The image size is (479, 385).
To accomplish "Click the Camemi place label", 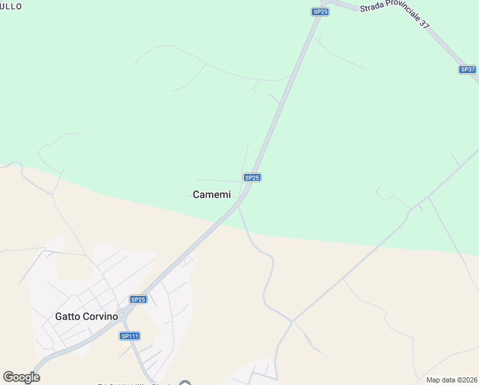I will click(211, 195).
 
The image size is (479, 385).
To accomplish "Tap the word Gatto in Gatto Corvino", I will click(68, 316).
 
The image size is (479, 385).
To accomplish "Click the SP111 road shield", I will click(129, 336).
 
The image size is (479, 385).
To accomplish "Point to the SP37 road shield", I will click(467, 69).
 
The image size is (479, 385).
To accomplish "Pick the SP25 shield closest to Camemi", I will click(252, 178).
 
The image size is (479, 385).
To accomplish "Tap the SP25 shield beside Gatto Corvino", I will click(138, 300).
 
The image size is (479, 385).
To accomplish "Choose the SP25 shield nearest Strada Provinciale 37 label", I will click(321, 12).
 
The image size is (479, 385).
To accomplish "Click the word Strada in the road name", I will click(374, 8).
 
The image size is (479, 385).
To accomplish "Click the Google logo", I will click(21, 377).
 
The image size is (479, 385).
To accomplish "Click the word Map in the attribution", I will click(433, 380).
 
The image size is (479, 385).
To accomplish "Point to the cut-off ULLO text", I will click(11, 6).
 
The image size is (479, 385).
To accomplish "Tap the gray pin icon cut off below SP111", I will click(185, 383).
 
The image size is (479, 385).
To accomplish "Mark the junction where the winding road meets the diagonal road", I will click(292, 320).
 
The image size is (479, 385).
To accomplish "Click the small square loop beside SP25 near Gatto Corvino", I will click(186, 261).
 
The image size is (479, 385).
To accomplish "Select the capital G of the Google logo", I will click(8, 377).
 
